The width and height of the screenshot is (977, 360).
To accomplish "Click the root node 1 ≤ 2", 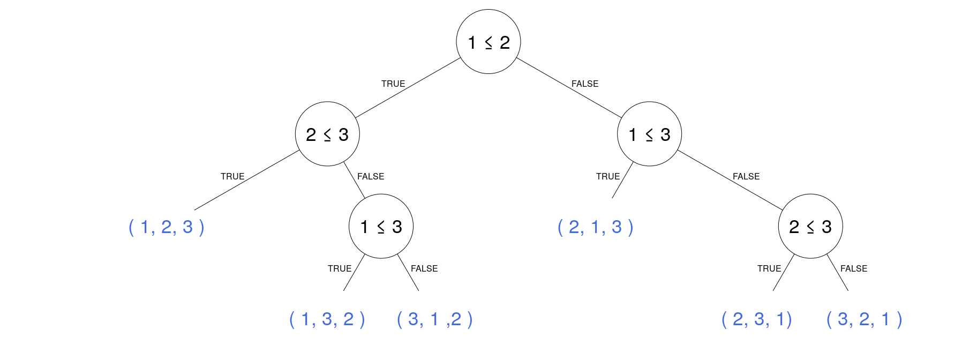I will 488,42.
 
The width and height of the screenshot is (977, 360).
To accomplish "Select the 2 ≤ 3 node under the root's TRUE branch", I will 327,134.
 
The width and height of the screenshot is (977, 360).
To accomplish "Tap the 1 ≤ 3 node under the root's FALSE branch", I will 649,134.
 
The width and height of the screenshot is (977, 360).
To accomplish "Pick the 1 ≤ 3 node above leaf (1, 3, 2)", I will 381,226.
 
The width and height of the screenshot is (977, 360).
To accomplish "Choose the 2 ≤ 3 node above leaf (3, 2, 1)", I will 810,226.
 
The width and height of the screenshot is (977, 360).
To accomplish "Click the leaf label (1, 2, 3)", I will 167,227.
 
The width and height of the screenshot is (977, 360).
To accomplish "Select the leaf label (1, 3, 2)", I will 327,319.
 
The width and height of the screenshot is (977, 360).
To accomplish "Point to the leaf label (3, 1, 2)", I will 434,319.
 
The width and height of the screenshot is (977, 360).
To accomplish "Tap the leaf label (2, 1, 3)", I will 596,227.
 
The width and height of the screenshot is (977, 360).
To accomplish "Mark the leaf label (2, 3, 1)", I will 756,319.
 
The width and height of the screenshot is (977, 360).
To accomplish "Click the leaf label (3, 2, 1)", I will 864,319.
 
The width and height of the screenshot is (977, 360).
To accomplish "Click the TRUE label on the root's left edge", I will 393,84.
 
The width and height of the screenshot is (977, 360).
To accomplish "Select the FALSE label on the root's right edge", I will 585,84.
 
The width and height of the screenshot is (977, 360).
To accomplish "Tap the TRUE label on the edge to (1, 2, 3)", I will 232,176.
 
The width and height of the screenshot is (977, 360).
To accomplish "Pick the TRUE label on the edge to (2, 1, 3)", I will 608,176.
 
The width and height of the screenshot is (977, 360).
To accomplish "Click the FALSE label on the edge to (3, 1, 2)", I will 424,268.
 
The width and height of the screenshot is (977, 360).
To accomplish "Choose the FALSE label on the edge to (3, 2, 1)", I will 854,268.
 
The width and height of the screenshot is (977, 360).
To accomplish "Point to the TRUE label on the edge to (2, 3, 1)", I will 769,268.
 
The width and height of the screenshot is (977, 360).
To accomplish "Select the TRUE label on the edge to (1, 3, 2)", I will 340,268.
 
